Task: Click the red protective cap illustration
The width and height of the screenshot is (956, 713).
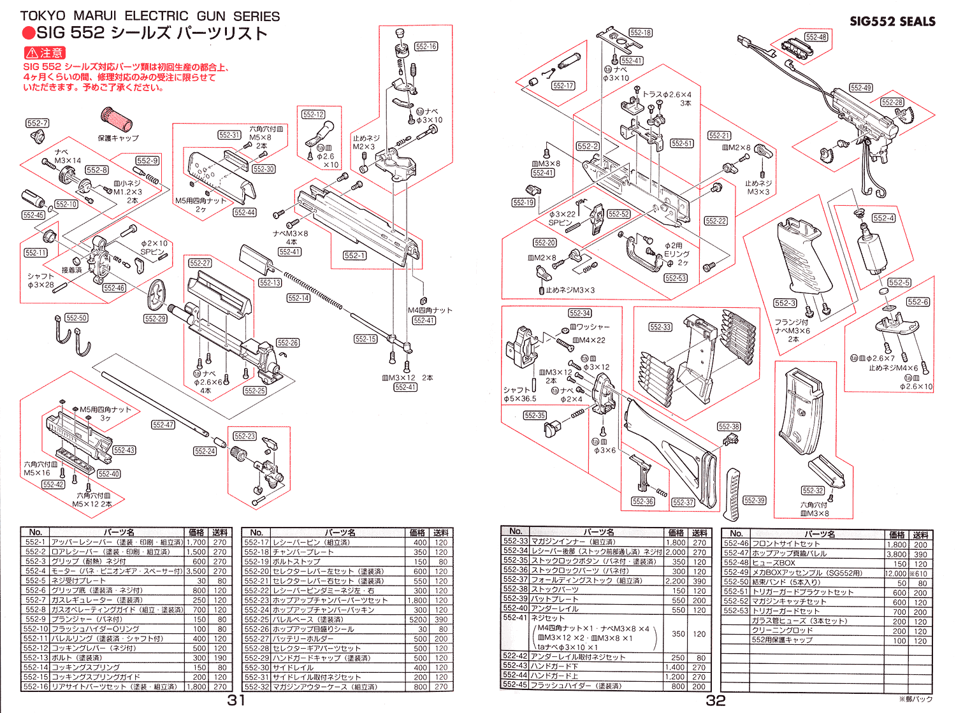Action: (x=117, y=119)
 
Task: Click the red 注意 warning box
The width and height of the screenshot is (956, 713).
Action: (x=44, y=53)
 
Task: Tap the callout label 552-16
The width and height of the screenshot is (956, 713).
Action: (x=426, y=47)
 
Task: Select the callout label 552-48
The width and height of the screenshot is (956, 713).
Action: (x=816, y=37)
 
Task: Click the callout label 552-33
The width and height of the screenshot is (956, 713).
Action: (x=660, y=327)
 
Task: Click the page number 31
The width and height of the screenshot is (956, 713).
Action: (x=236, y=701)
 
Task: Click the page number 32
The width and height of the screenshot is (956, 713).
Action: (x=716, y=701)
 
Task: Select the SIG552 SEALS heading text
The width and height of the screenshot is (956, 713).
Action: (x=892, y=21)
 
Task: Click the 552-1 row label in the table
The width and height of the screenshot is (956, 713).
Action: (x=36, y=542)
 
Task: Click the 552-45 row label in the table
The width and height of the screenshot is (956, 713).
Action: (x=515, y=685)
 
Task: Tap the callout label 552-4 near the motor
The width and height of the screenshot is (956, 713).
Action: (x=883, y=218)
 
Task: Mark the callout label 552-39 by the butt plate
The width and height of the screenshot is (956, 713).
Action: (x=755, y=500)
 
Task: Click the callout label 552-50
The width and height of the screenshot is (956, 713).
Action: (x=76, y=317)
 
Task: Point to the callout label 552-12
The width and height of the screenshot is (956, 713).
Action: (x=314, y=115)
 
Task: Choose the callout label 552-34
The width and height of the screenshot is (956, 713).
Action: (x=580, y=313)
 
